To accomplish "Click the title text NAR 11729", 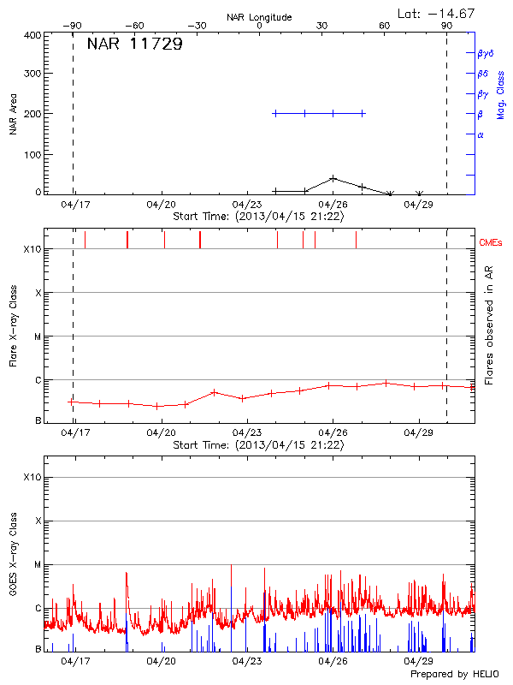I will click(134, 45).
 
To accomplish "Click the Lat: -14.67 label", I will click(437, 13).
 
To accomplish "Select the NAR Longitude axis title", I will click(259, 17).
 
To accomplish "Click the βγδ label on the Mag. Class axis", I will click(485, 53).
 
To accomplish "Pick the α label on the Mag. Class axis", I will click(481, 134).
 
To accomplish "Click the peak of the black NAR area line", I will click(333, 178).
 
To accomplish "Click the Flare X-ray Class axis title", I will click(13, 325).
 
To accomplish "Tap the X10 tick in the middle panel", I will click(31, 249).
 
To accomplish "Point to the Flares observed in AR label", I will click(490, 325).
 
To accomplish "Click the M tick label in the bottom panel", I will click(37, 564).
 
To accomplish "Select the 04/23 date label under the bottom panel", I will click(246, 661).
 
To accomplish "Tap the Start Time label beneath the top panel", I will click(258, 217).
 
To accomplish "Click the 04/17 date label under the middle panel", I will click(75, 433).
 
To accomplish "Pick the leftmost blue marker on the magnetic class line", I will click(274, 113).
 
